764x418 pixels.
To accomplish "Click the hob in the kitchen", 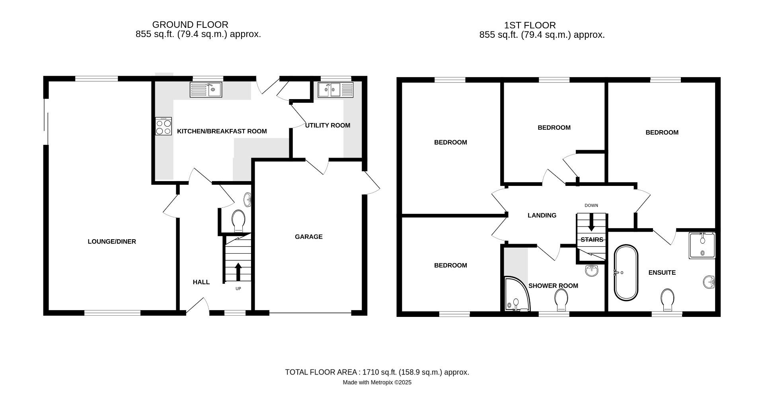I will (163, 126).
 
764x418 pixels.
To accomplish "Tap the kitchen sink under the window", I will (206, 90).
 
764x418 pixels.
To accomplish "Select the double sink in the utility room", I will (335, 90).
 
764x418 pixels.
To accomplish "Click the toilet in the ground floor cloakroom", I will (238, 221).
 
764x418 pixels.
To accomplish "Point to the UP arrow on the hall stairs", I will (238, 272).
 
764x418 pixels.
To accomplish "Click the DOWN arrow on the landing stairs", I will (591, 222).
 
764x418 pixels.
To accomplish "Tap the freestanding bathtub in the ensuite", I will (626, 273).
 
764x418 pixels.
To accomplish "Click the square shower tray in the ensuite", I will (702, 245).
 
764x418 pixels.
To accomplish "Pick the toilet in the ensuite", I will (667, 300).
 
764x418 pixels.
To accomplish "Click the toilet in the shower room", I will (561, 300).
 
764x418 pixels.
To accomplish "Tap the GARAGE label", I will (308, 237).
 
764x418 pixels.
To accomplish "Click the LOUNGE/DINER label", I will (112, 242).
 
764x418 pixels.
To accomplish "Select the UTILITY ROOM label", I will (327, 125).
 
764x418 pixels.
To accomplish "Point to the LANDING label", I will (542, 215).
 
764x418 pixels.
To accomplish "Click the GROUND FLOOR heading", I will (190, 25).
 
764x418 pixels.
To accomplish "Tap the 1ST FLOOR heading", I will (530, 25).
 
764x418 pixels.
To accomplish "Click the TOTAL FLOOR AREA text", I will (377, 372).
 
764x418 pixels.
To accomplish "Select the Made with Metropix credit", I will (377, 383).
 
